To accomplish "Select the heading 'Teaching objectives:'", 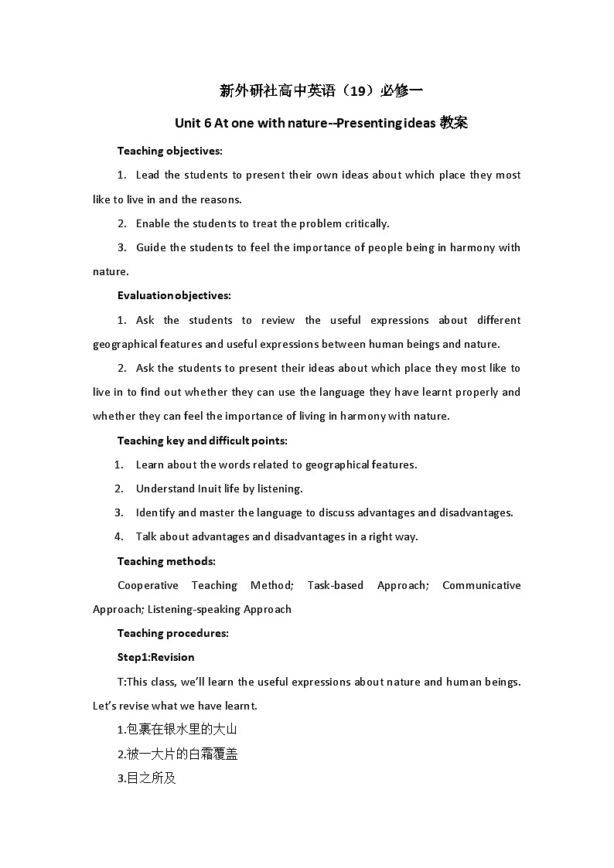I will point(169,151).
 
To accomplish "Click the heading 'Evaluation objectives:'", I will point(174,295).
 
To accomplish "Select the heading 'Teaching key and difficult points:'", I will point(202,441).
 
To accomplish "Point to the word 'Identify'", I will point(155,512).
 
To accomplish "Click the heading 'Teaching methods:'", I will point(166,561).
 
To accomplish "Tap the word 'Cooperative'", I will point(148,585).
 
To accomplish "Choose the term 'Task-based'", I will point(335,585).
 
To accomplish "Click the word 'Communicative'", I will point(481,585).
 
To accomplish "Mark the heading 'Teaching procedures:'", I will point(172,633).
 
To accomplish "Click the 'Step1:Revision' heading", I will point(155,657).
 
